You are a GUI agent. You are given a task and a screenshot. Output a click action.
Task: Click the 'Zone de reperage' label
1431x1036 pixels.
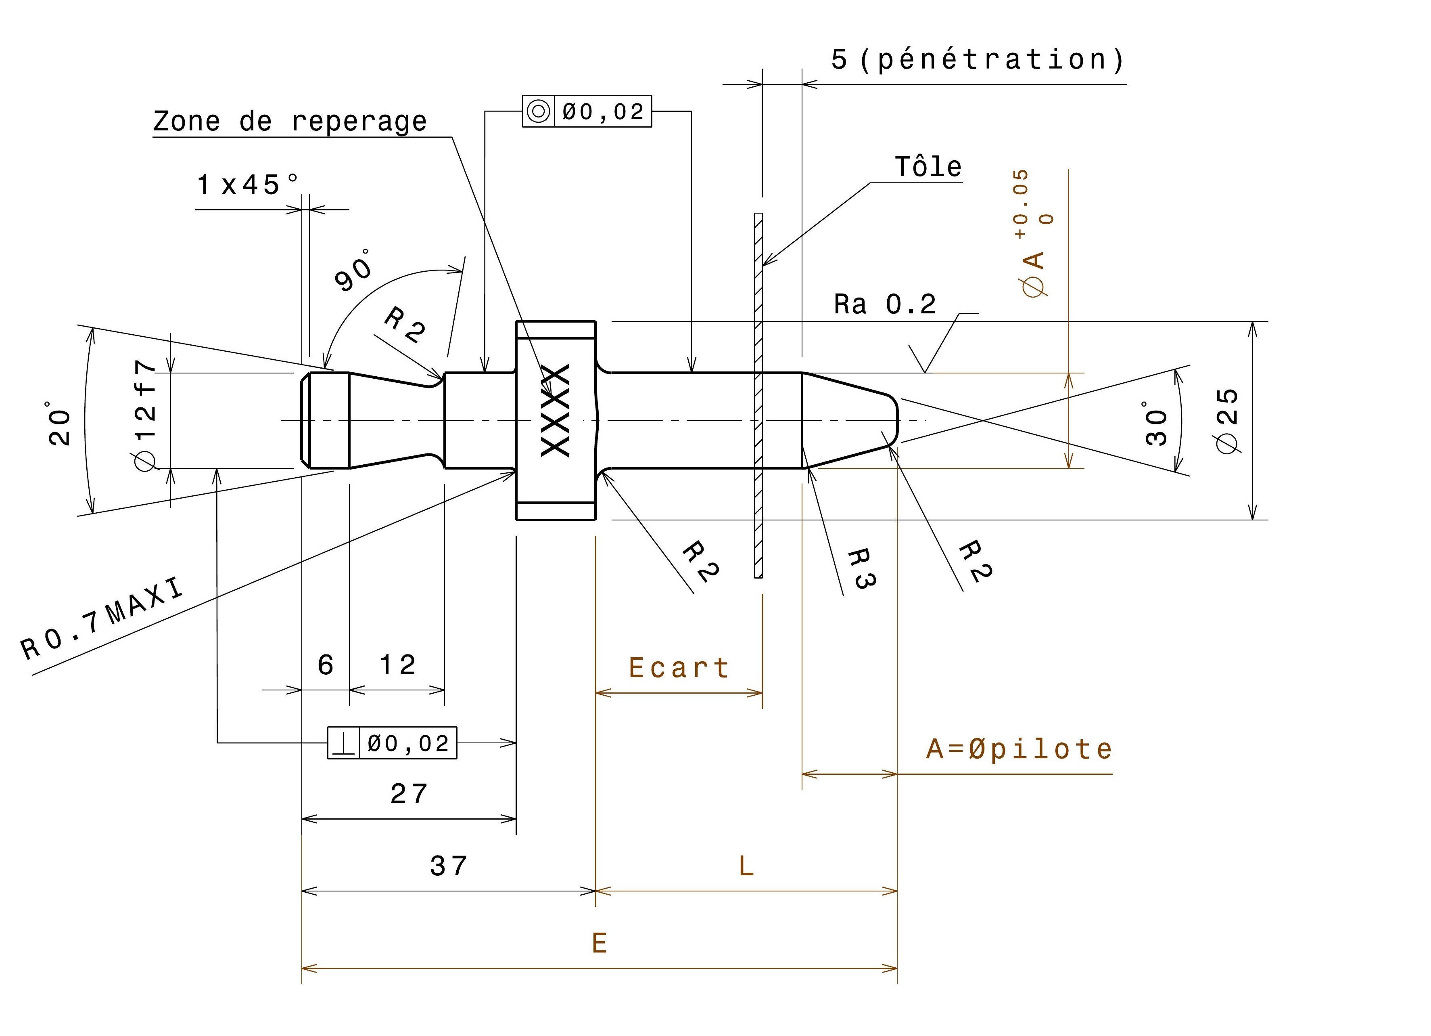(x=290, y=121)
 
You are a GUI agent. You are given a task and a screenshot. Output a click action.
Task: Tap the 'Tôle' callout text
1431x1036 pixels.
(x=928, y=167)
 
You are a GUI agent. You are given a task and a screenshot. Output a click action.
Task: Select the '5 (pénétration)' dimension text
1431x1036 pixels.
(x=978, y=60)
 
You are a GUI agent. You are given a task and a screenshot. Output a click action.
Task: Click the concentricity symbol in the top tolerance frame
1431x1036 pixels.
(x=538, y=112)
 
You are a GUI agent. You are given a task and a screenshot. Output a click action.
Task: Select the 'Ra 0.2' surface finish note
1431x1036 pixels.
(x=885, y=304)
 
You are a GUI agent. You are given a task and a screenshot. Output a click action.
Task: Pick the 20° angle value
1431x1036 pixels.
(x=60, y=423)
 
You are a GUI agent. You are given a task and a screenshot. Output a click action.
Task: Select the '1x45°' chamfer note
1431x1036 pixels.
(x=247, y=185)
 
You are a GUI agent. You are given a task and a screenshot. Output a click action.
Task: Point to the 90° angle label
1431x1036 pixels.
(x=354, y=271)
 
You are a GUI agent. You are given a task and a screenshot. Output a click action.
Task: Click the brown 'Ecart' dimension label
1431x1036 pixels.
(x=679, y=668)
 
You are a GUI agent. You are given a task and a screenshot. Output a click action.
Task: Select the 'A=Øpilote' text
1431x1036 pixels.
(x=1019, y=749)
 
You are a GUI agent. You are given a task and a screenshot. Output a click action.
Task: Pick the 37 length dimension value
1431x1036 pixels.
(x=449, y=866)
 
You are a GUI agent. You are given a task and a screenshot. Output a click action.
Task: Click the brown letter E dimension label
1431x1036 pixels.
(x=600, y=943)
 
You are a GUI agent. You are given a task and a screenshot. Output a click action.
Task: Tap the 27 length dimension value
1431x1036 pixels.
(x=409, y=794)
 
